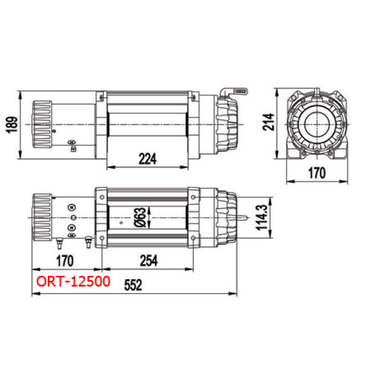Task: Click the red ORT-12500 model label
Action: click(73, 281)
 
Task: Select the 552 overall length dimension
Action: click(133, 285)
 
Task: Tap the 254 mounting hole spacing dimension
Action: click(148, 261)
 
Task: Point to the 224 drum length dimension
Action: click(147, 159)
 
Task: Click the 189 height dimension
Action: click(12, 125)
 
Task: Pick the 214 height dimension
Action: click(269, 122)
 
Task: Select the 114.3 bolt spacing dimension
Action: click(262, 217)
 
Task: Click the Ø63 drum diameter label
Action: click(140, 217)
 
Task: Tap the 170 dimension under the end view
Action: click(317, 173)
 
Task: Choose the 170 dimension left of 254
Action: click(65, 261)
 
